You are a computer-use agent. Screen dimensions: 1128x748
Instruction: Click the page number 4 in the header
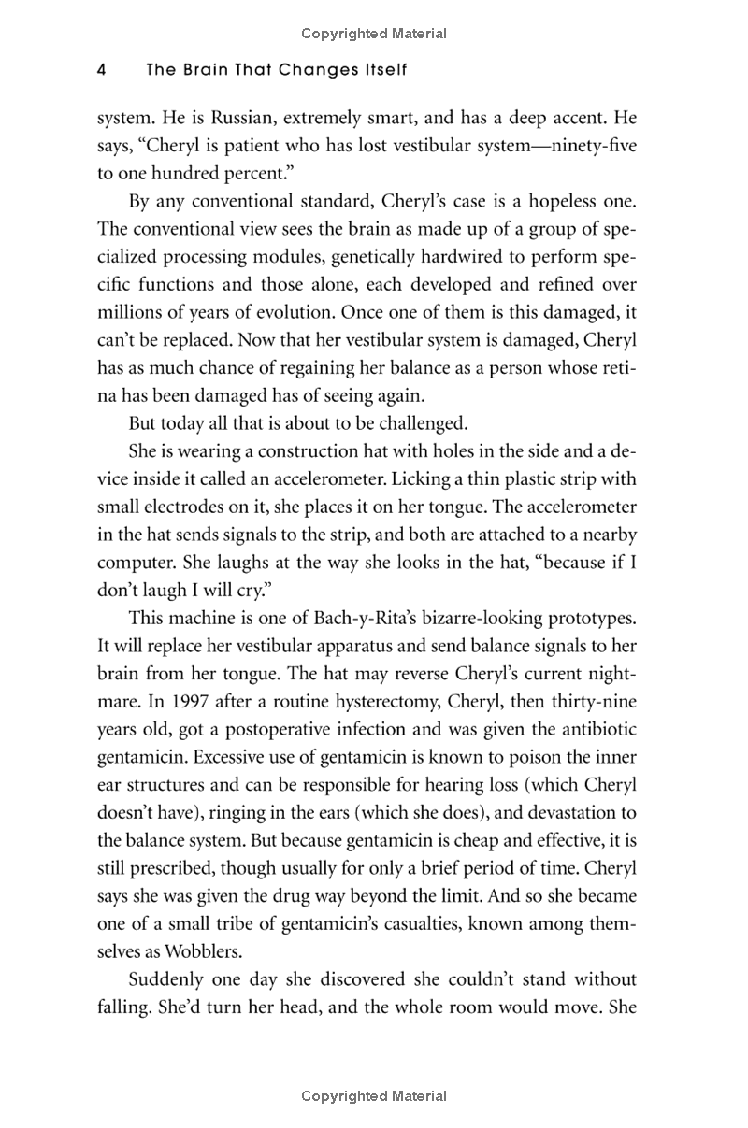(101, 70)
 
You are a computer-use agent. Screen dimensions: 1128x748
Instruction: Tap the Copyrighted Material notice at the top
(374, 34)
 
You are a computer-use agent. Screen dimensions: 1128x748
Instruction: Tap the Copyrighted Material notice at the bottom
(374, 1096)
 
